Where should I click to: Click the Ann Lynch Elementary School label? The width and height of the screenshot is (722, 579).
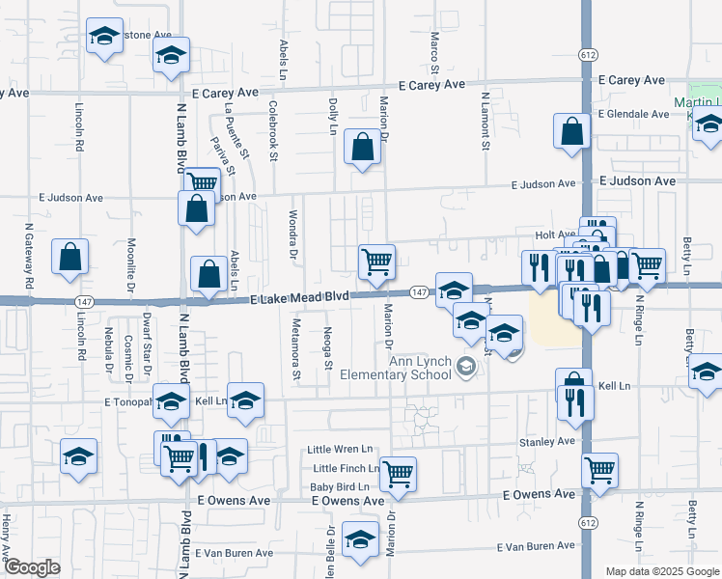[420, 369]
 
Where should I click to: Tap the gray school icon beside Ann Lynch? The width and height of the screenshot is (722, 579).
[467, 365]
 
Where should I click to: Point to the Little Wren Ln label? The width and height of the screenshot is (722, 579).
[340, 450]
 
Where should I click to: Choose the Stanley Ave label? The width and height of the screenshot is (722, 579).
[547, 441]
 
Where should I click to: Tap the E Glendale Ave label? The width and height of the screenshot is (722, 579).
[632, 114]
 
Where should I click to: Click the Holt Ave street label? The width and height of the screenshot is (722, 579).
[555, 234]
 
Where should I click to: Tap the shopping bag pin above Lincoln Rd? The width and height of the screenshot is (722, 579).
[70, 257]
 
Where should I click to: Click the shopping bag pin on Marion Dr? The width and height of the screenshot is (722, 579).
[362, 149]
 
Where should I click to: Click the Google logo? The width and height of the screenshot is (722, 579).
[32, 567]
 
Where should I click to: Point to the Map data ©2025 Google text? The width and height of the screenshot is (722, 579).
[661, 571]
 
